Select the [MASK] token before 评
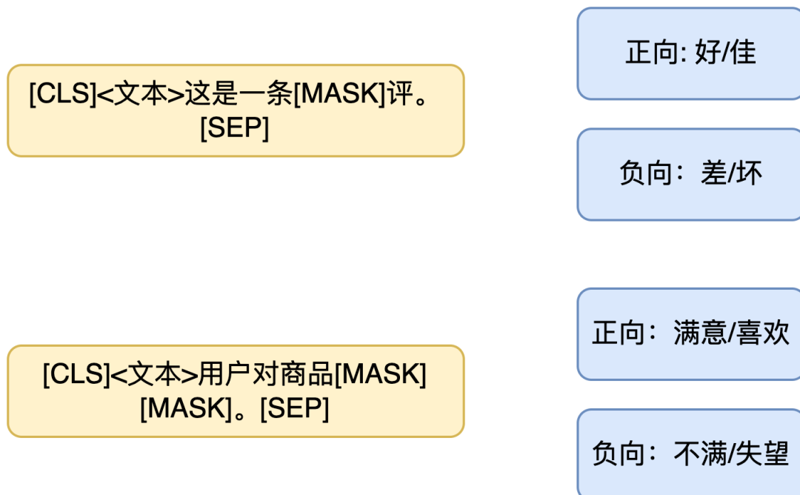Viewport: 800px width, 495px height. click(x=339, y=96)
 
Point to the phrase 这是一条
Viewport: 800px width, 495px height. click(x=239, y=96)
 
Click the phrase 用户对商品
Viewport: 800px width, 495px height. click(x=266, y=375)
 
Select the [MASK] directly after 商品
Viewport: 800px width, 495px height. click(x=380, y=375)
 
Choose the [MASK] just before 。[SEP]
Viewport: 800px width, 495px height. click(x=186, y=408)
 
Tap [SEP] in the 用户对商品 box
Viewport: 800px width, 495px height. click(x=294, y=408)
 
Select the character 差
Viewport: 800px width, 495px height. click(x=714, y=173)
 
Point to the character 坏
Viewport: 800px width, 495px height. click(x=750, y=173)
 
